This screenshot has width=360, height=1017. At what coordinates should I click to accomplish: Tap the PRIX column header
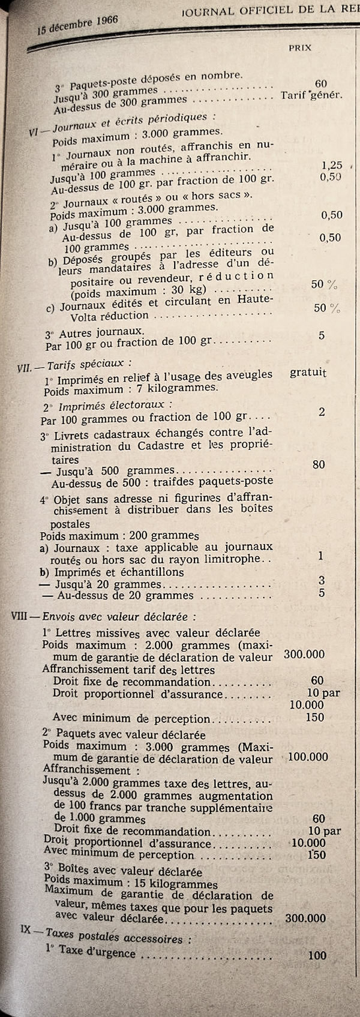(300, 47)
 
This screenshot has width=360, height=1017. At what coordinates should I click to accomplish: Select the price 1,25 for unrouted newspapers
(332, 165)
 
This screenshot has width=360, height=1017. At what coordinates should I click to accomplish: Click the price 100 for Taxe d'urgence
(317, 955)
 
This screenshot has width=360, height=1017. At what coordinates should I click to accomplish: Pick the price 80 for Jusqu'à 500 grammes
(319, 464)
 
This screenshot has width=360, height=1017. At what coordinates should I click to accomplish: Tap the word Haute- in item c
(256, 299)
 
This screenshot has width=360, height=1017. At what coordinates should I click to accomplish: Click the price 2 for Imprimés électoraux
(322, 412)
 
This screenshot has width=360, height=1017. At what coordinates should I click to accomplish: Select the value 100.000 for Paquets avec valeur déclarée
(308, 757)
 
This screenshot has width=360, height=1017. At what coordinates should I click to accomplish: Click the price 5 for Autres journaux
(322, 335)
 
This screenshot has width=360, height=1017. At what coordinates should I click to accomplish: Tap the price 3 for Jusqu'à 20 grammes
(322, 580)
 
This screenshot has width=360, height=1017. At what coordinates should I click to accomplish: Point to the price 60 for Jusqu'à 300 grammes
(320, 84)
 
